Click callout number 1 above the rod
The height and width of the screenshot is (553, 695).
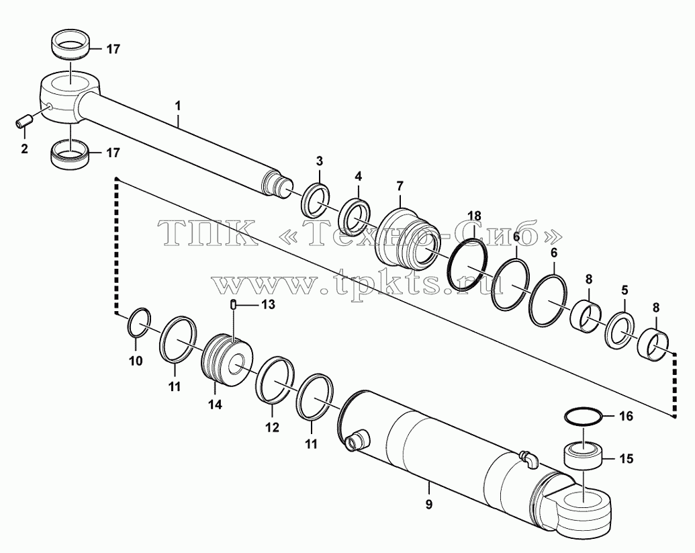(x=178, y=106)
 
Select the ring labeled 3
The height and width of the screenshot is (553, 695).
(x=315, y=200)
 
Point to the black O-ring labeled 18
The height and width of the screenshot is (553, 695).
(x=467, y=265)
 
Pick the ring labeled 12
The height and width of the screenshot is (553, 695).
(x=275, y=380)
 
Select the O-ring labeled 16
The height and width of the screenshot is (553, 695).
(x=584, y=417)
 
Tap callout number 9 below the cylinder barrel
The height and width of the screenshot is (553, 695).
(x=428, y=504)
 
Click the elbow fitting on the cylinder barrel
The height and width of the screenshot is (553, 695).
(x=528, y=458)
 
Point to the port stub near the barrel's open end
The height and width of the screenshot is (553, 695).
(x=357, y=439)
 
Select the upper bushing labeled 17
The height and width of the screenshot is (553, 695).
(x=71, y=43)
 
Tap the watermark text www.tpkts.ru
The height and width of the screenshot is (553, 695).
(x=359, y=282)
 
